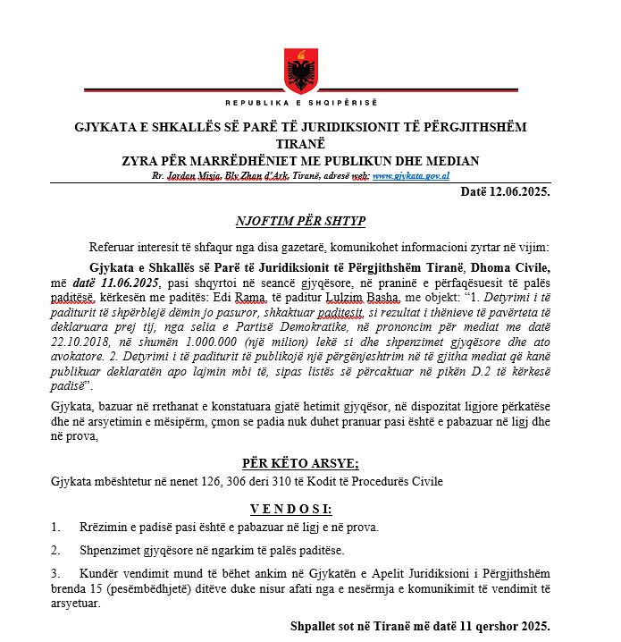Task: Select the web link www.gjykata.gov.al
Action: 410,177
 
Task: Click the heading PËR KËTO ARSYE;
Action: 300,463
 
